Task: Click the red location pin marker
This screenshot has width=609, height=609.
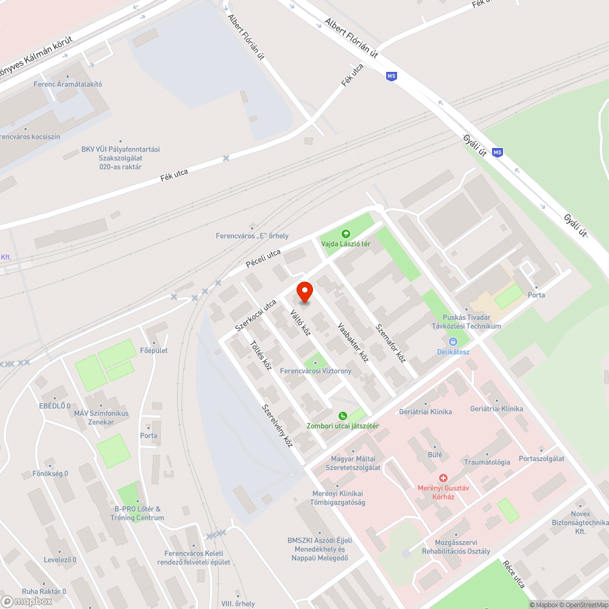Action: (304, 292)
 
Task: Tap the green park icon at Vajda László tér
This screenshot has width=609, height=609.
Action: (346, 233)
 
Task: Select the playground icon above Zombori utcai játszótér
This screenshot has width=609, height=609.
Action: (343, 415)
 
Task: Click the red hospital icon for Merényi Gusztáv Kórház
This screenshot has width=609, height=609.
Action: (443, 478)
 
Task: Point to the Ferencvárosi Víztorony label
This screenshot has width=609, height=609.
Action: (315, 371)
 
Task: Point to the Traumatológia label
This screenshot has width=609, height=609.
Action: (487, 462)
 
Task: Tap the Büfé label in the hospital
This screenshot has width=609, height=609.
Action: (435, 455)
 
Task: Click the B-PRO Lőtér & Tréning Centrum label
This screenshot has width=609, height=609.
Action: (137, 513)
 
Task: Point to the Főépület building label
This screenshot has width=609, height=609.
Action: (154, 350)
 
